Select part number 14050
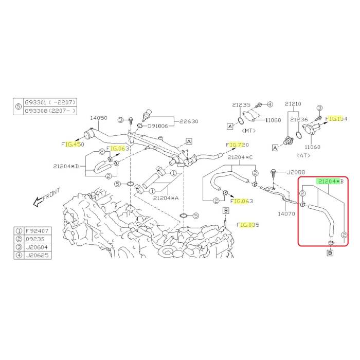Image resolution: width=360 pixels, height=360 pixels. (x=98, y=118)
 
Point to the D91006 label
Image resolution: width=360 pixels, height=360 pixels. (x=158, y=125)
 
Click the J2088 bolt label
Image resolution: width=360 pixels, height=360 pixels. (x=296, y=172)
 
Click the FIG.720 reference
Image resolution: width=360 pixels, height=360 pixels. (x=237, y=145)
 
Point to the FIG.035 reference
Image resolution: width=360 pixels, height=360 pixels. (x=248, y=225)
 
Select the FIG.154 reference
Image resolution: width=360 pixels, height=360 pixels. (x=336, y=119)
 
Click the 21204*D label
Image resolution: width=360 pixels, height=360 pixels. (x=65, y=166)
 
